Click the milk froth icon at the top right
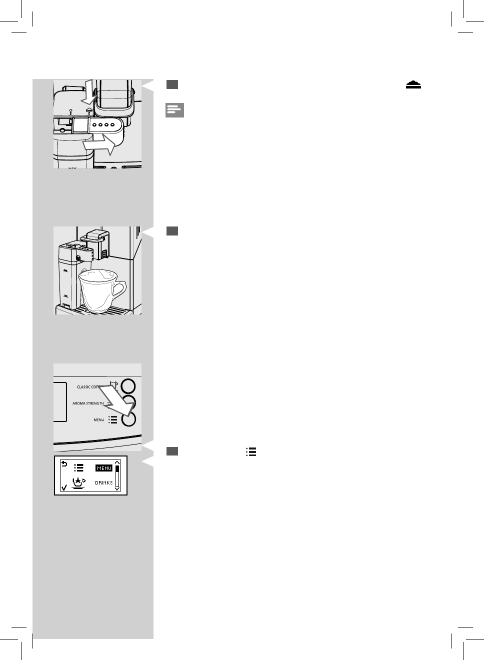413,86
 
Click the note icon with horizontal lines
175,110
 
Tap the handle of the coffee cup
119,289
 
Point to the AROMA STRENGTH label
88,403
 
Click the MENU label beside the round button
98,420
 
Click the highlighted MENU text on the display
104,468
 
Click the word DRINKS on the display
103,483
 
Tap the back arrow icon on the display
63,464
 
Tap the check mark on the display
63,487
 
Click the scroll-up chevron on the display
117,462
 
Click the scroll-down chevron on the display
117,488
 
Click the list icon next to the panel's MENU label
113,420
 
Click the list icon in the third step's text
251,451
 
